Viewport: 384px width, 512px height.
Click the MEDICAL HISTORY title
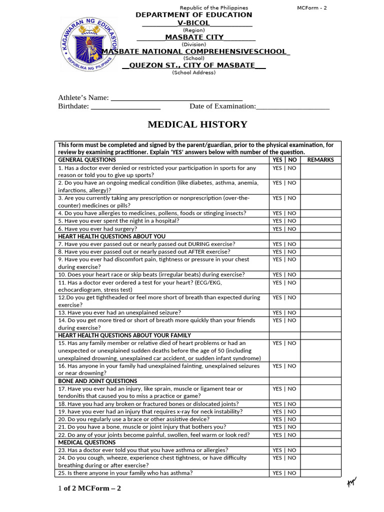(x=197, y=124)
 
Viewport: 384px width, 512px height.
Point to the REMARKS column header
(x=320, y=160)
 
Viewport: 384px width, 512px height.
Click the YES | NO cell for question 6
(x=284, y=229)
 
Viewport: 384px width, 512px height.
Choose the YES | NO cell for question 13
(x=284, y=312)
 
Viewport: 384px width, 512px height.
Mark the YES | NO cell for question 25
(x=284, y=473)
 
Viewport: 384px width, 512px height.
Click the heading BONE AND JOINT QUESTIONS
(x=97, y=381)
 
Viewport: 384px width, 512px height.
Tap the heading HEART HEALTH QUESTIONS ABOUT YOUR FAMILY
(x=124, y=335)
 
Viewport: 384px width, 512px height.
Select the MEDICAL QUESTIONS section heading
(x=87, y=442)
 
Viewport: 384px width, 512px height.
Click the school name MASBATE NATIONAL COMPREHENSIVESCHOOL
(x=195, y=51)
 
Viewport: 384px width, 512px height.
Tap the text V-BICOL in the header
(x=193, y=23)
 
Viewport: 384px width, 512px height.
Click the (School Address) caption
(x=193, y=72)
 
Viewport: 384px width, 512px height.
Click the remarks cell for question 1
(x=320, y=171)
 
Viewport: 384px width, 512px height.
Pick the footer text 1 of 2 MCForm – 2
(x=89, y=488)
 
